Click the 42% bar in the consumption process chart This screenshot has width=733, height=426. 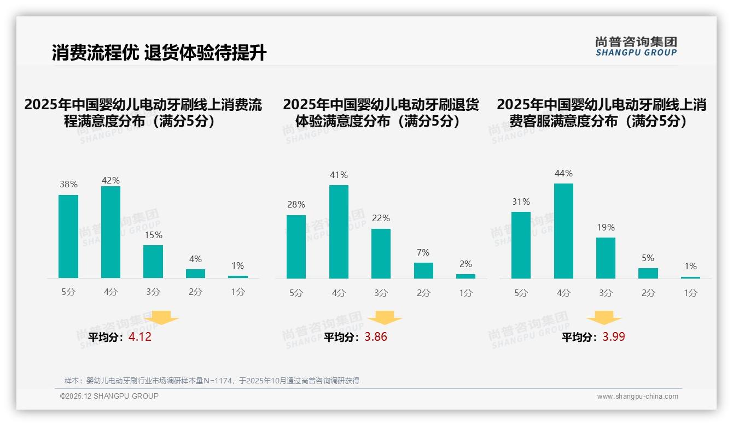tap(110, 232)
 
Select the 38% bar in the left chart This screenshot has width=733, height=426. tap(68, 236)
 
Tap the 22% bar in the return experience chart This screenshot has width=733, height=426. tap(381, 253)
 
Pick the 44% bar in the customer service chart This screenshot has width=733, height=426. tap(563, 231)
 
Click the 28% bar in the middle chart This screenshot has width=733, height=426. tap(296, 247)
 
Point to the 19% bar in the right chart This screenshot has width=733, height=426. tap(606, 258)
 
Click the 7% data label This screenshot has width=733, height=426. tap(423, 253)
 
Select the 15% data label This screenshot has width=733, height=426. tap(153, 235)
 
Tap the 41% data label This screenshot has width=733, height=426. tap(339, 175)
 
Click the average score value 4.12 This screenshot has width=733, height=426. tap(140, 337)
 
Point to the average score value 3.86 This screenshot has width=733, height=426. tap(376, 337)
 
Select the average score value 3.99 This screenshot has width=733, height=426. tap(614, 337)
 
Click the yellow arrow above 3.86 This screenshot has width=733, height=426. tap(385, 318)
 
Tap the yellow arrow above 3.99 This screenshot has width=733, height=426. tap(604, 318)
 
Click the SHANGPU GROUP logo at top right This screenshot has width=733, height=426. tap(636, 46)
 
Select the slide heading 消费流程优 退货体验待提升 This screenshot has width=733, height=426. tap(159, 53)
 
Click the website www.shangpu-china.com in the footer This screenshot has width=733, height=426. tap(637, 397)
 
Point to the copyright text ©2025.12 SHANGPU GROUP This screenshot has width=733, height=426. tap(109, 396)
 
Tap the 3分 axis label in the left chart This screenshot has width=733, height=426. tap(153, 292)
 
